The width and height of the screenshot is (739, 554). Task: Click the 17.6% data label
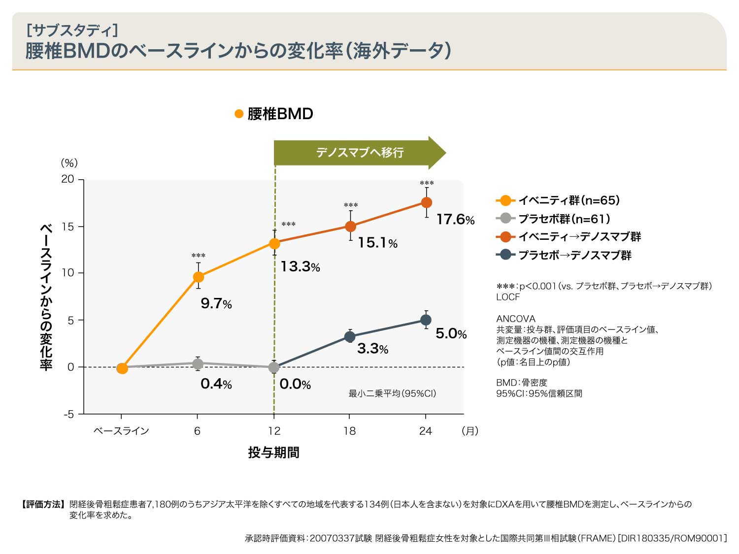click(x=455, y=219)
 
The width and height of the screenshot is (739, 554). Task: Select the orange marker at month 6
click(x=198, y=277)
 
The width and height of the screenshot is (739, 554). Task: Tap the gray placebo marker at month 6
click(x=198, y=364)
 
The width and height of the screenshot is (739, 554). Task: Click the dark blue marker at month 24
click(x=426, y=320)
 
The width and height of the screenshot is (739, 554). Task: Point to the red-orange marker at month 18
click(x=350, y=227)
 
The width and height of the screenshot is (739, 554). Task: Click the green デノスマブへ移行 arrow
click(x=360, y=153)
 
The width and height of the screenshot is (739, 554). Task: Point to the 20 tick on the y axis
click(x=68, y=179)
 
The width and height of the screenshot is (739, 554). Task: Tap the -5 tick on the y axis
click(x=68, y=414)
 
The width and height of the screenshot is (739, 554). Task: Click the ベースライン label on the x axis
click(x=121, y=431)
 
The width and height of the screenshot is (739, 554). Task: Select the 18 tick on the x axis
click(x=350, y=431)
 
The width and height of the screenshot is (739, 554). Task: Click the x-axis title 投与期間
click(x=273, y=452)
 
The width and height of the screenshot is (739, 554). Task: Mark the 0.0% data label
click(x=295, y=384)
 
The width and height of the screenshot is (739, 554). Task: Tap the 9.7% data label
click(x=216, y=303)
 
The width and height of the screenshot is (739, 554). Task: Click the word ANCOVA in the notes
click(x=515, y=319)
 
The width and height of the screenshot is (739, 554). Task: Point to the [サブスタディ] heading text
click(x=72, y=31)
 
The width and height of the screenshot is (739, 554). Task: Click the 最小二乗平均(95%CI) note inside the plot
click(x=392, y=393)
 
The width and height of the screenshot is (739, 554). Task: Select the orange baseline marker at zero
click(x=122, y=368)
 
